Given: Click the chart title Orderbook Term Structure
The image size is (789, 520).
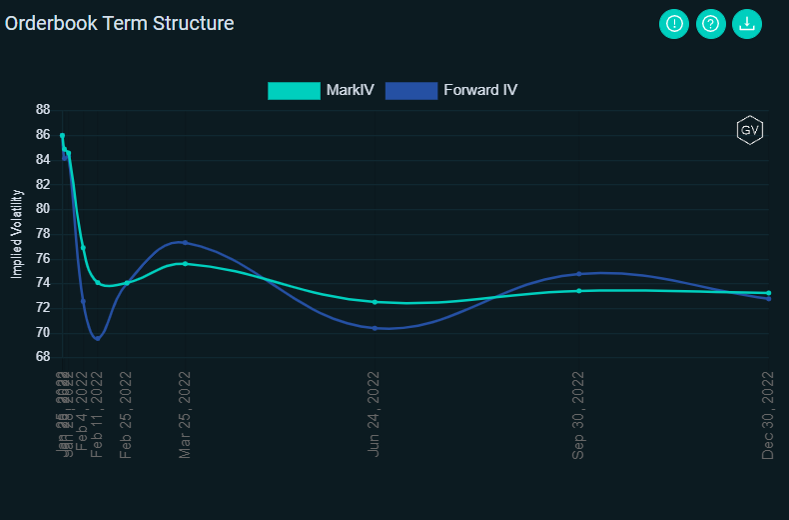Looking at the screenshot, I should [x=120, y=23].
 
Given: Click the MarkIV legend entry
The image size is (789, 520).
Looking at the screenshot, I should [x=322, y=90].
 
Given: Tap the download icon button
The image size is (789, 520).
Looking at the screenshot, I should [x=747, y=24].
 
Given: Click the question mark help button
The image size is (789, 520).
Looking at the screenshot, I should [x=710, y=24].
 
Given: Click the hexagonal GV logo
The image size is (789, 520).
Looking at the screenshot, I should [x=749, y=130].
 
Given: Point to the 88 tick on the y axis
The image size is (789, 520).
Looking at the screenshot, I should [x=42, y=110].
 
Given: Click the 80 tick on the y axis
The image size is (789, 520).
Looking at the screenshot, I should [x=42, y=209].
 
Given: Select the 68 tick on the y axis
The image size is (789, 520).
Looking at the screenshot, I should [x=42, y=357].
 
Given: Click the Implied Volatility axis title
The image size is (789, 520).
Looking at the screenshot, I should [x=16, y=233].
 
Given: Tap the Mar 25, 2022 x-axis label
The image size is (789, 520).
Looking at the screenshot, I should [x=185, y=414].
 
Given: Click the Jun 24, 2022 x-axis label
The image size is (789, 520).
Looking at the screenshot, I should [x=375, y=414].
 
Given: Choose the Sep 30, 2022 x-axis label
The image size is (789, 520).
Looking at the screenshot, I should [x=578, y=414].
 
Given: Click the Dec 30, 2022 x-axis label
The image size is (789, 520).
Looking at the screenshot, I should [x=768, y=414].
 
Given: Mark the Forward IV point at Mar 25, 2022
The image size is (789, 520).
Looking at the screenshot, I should [x=185, y=242].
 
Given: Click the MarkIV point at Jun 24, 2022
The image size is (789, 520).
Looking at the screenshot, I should [x=375, y=302].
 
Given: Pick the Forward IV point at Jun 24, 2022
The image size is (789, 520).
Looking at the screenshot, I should [x=375, y=328].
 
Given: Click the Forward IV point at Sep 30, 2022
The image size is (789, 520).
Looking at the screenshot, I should [x=579, y=274].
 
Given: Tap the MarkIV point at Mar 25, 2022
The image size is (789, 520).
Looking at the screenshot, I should [x=185, y=264].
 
